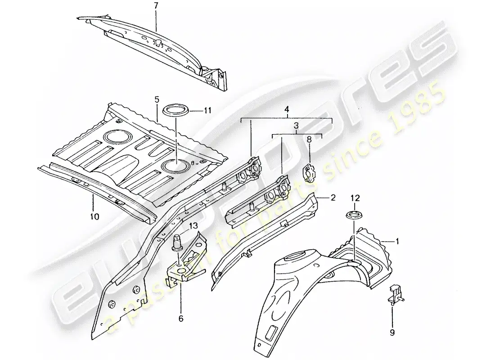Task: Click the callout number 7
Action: point(156,6)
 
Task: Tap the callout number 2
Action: point(333,197)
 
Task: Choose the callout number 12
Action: point(355,198)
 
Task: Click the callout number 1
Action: point(397,241)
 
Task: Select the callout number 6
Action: point(181,319)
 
